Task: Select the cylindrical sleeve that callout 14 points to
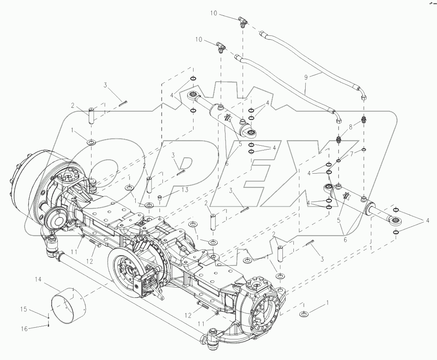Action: tap(68, 301)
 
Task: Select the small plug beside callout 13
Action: tap(160, 199)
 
